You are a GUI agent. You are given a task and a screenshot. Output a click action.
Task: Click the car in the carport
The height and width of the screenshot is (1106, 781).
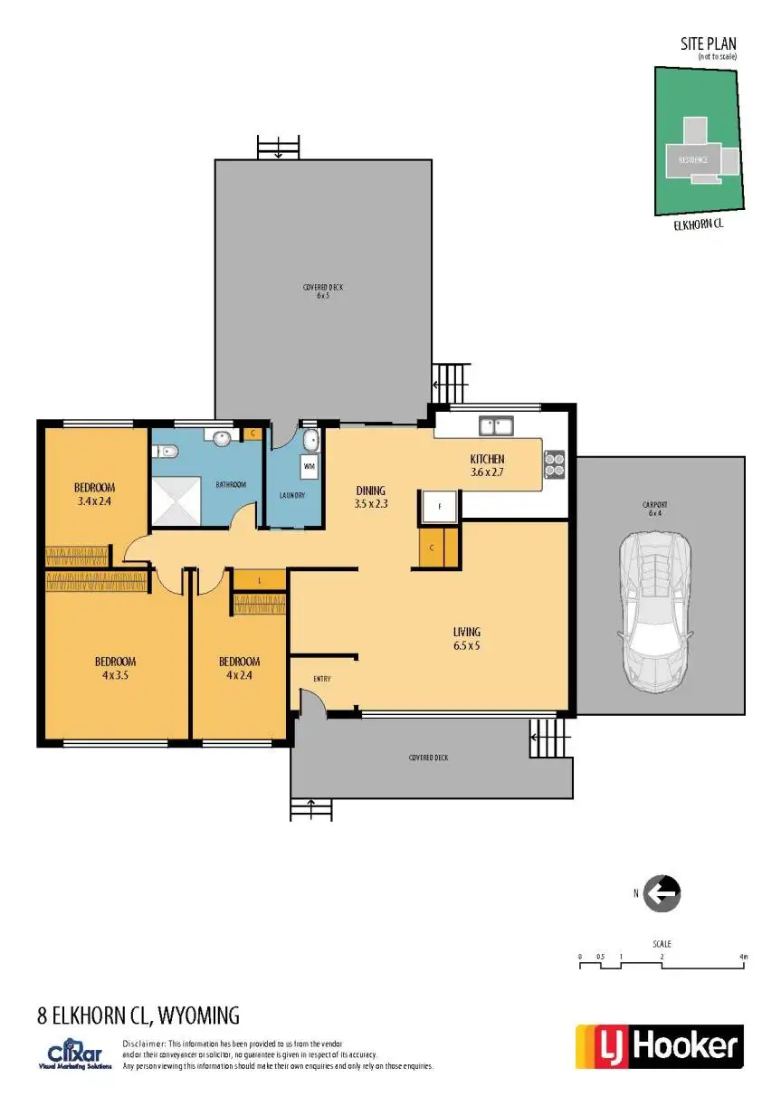tap(653, 611)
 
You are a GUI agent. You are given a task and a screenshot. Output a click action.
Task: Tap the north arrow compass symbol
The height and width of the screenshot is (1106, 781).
tap(662, 893)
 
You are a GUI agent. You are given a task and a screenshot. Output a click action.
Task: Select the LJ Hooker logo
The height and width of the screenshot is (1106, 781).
tap(659, 1047)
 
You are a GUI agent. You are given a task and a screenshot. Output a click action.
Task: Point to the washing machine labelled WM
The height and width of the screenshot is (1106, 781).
tap(309, 466)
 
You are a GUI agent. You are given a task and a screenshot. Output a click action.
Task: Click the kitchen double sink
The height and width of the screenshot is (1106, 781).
tap(496, 424)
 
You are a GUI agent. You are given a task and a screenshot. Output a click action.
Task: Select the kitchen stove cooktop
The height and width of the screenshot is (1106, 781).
tap(555, 463)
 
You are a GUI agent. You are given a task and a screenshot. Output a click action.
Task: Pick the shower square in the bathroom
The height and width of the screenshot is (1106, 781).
tap(176, 500)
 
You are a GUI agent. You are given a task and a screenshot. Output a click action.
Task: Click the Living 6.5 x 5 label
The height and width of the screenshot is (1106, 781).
tap(467, 639)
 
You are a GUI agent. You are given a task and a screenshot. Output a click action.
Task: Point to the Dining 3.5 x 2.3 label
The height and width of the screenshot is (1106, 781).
tap(371, 497)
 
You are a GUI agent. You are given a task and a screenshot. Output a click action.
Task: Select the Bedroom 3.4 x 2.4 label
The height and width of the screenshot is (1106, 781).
tap(94, 494)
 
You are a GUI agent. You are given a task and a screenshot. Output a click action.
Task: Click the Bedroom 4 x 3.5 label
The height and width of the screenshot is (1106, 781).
tap(115, 667)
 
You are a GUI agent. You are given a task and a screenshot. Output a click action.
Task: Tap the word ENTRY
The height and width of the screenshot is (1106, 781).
tap(321, 679)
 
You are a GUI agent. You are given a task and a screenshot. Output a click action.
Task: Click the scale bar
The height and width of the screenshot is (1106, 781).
tap(662, 965)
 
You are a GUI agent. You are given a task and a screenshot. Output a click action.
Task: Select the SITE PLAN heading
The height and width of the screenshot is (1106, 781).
tap(709, 43)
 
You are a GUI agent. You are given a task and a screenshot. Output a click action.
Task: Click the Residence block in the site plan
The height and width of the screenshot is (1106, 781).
tap(692, 160)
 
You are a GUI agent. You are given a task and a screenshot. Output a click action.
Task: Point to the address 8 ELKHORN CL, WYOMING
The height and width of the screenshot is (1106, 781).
tap(138, 1015)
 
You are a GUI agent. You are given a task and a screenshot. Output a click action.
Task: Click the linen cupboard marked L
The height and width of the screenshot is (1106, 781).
tap(260, 579)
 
